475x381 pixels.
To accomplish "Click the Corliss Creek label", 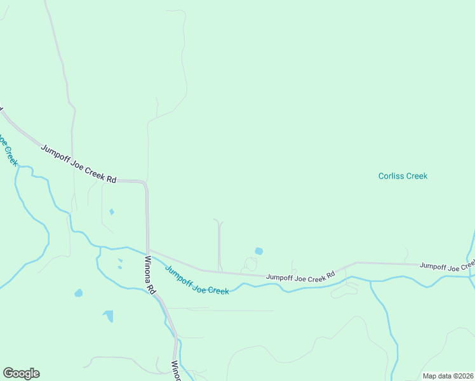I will (403, 176).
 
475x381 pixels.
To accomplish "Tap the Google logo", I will (21, 373).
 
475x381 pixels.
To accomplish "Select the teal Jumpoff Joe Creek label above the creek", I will (197, 280).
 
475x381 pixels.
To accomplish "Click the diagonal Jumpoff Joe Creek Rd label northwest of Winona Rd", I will (79, 164).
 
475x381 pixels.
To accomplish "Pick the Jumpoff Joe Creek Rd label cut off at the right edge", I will (447, 266).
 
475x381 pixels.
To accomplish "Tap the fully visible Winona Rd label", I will (149, 274).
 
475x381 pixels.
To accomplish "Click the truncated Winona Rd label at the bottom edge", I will (176, 371).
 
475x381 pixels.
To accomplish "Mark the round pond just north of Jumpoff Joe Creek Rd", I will (258, 251).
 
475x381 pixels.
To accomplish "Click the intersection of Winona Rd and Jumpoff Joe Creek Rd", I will (148, 250).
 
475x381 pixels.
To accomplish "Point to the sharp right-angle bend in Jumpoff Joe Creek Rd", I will (145, 183).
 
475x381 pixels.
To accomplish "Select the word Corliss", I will (391, 176).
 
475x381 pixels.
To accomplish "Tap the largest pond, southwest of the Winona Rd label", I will (109, 315).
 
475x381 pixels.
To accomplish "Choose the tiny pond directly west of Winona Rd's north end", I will (112, 211).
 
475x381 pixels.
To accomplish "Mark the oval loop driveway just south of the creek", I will (344, 290).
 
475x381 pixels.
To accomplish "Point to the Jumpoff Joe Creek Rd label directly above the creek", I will (300, 276).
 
